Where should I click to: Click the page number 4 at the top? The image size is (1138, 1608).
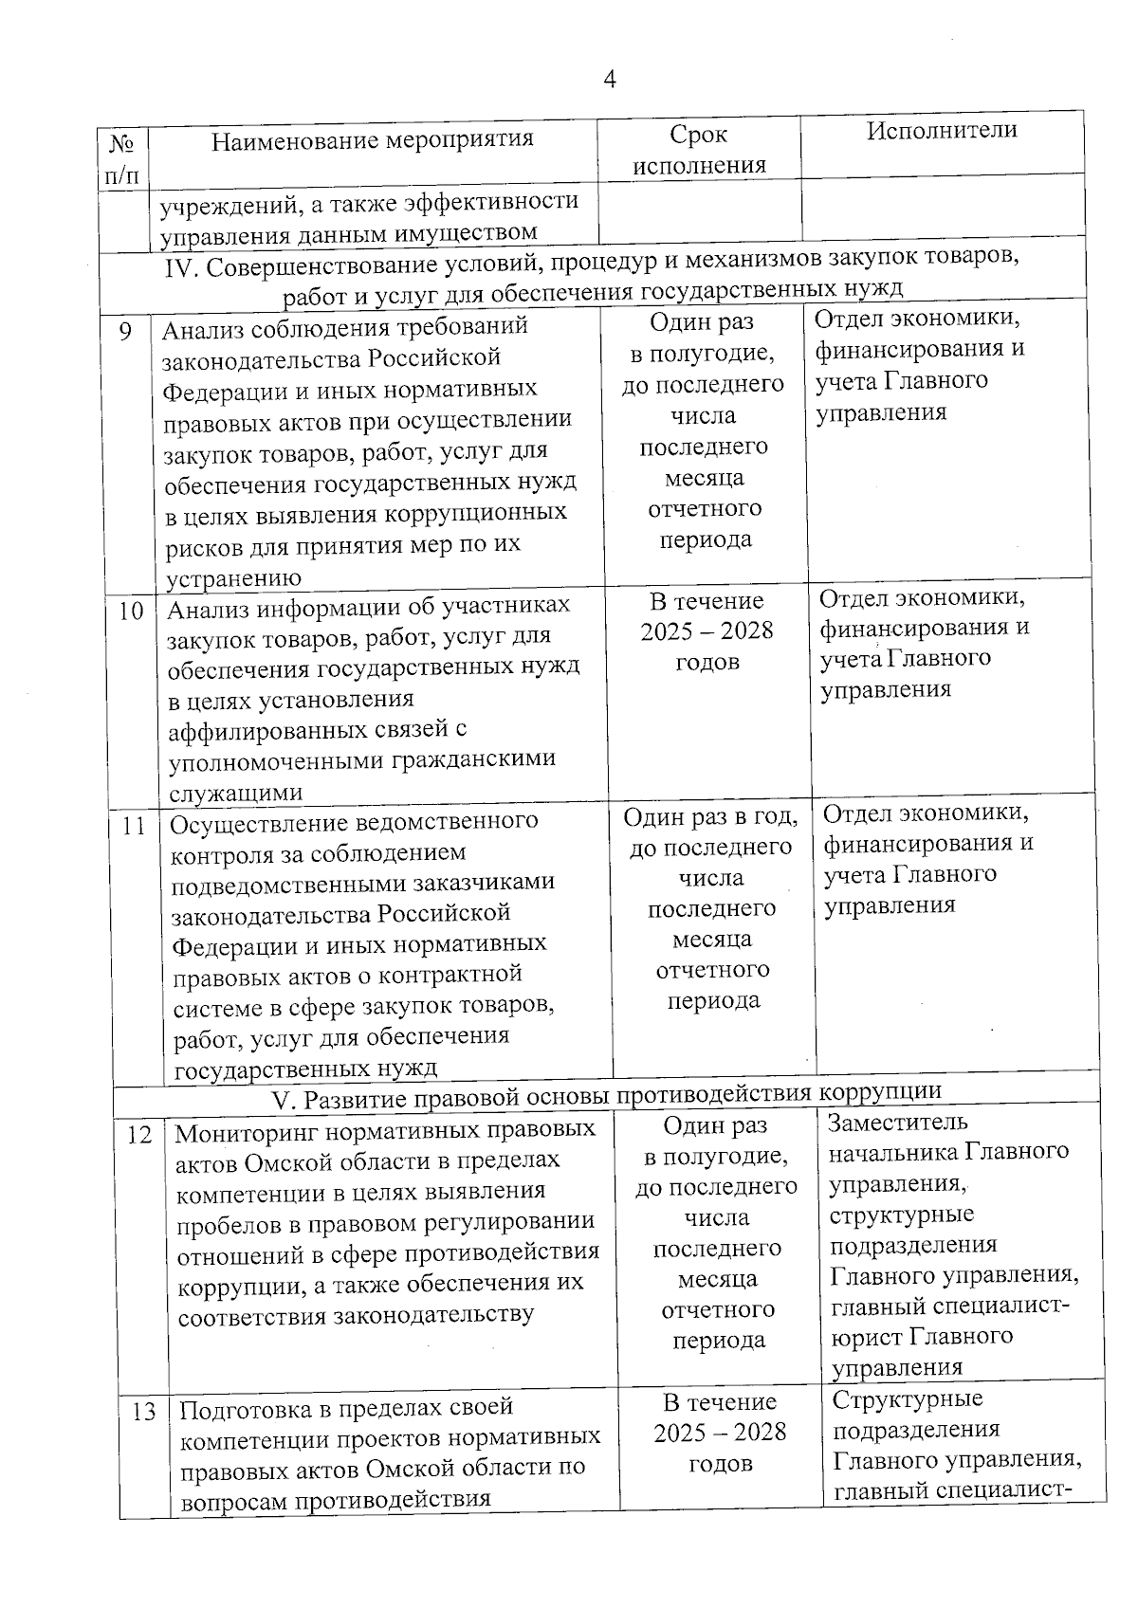point(610,81)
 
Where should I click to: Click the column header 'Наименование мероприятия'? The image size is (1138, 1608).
point(372,140)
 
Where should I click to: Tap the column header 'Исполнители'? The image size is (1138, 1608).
point(941,131)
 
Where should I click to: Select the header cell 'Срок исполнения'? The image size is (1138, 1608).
point(699,150)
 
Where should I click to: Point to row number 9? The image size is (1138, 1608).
point(126,332)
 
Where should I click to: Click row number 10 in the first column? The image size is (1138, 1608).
point(131,612)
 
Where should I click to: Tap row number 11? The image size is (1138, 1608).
point(134,827)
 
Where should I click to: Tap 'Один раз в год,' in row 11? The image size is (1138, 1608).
point(710,816)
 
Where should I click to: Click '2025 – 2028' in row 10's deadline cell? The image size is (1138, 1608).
point(707,631)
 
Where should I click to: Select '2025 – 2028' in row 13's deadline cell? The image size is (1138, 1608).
point(720,1433)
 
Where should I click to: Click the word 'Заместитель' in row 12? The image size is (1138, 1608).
point(884,1123)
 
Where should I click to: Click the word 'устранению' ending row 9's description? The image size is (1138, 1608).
point(233,578)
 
